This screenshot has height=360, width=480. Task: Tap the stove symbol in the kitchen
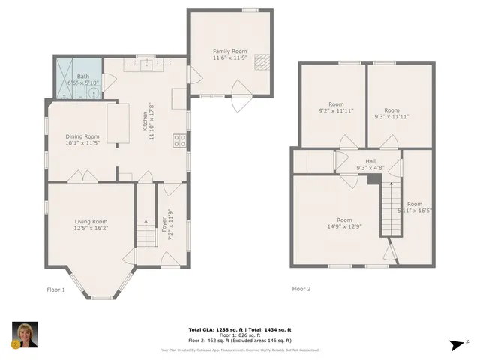180,139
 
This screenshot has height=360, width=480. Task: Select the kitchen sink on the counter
143,64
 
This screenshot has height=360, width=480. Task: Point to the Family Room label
230,52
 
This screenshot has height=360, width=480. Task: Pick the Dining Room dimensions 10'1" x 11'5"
82,142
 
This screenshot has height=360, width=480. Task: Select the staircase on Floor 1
144,225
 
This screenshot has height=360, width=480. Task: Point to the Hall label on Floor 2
370,161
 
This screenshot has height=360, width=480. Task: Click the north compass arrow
454,343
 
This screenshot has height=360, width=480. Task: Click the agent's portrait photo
25,335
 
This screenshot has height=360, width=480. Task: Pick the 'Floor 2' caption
301,288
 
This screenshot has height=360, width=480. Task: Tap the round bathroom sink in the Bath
91,92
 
